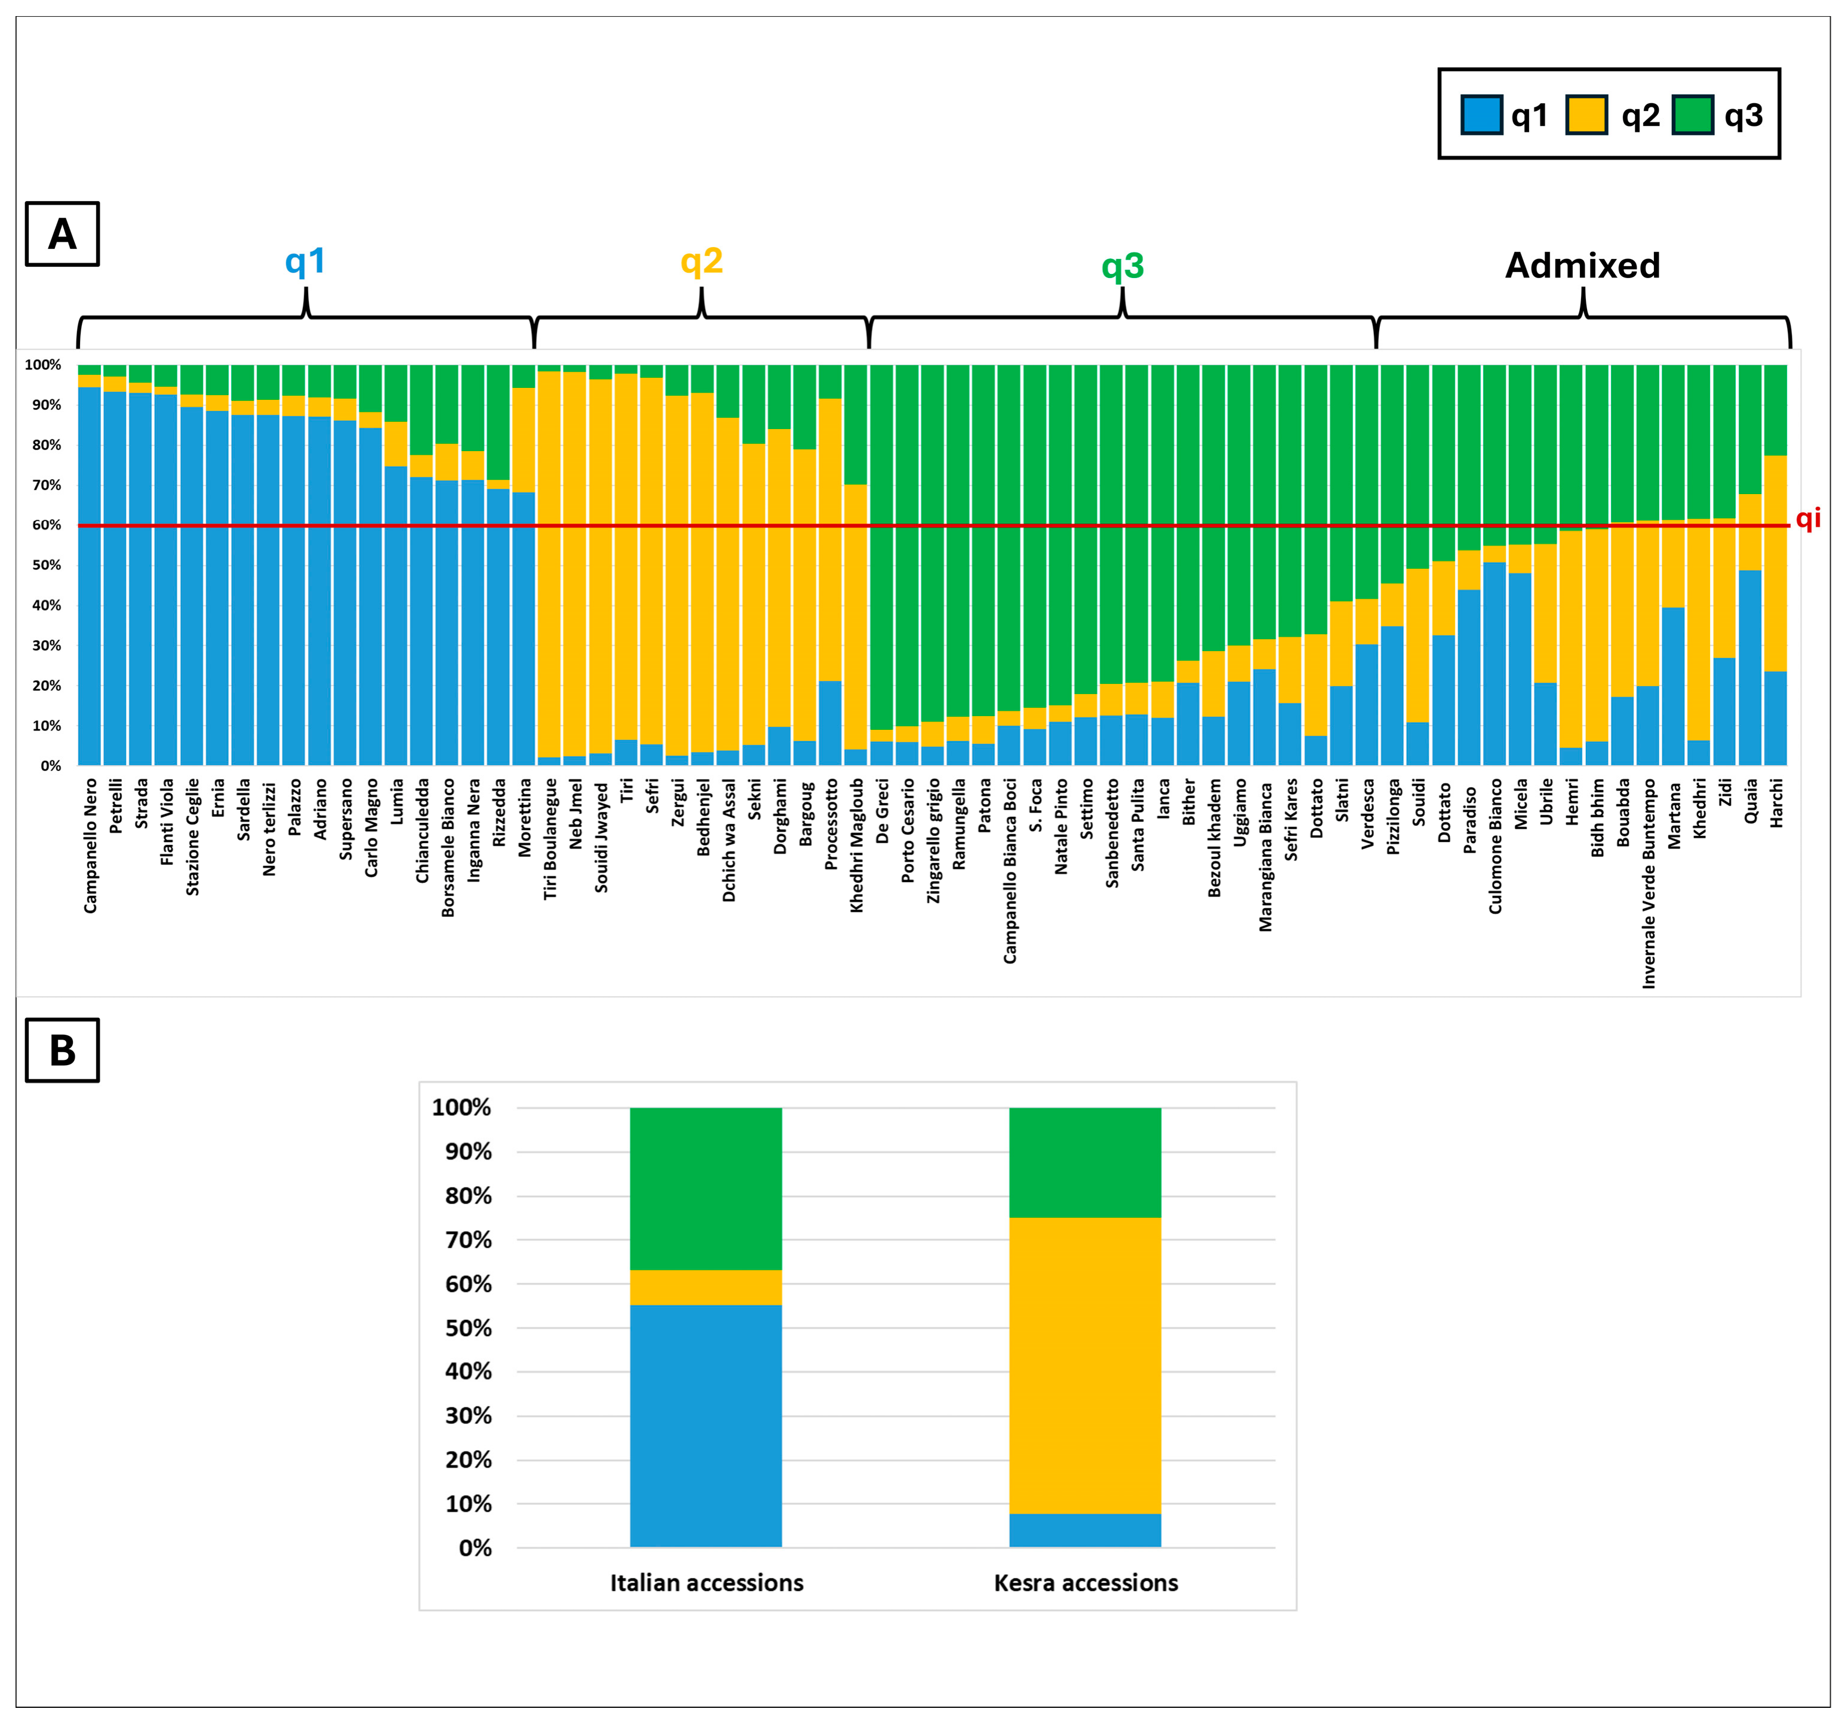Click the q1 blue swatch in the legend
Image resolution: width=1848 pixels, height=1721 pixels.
pos(1482,115)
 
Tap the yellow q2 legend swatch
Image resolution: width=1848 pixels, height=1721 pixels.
pos(1587,115)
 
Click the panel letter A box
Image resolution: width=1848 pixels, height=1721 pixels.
pos(62,234)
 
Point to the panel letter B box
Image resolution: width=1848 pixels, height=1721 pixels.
pos(62,1050)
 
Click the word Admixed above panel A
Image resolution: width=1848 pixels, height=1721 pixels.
pos(1582,266)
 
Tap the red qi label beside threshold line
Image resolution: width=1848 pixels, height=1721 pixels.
pos(1808,519)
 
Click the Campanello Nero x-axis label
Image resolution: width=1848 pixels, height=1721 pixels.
pos(90,846)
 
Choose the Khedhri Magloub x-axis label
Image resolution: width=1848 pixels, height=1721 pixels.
pos(856,846)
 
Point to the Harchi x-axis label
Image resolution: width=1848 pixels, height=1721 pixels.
pos(1776,803)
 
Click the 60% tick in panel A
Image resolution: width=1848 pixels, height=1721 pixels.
pos(47,525)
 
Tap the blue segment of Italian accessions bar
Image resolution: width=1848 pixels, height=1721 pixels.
pos(706,1426)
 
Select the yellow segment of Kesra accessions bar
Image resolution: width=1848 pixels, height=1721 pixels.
pos(1085,1365)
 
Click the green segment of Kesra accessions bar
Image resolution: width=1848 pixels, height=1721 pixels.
pos(1085,1162)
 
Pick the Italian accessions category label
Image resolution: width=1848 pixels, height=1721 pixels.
pos(706,1583)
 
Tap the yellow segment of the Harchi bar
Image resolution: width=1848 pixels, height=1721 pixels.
pos(1776,563)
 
